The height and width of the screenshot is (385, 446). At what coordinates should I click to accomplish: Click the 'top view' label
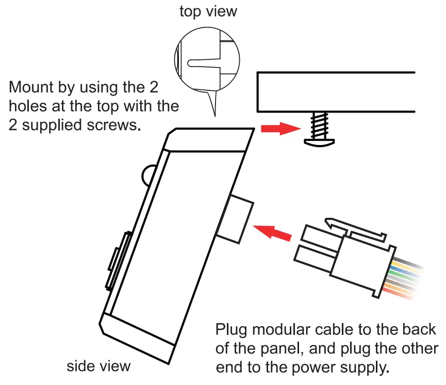pyautogui.click(x=208, y=11)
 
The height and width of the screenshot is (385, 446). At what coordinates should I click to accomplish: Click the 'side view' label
pyautogui.click(x=98, y=366)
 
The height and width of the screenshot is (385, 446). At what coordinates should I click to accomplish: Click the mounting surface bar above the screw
pyautogui.click(x=336, y=91)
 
